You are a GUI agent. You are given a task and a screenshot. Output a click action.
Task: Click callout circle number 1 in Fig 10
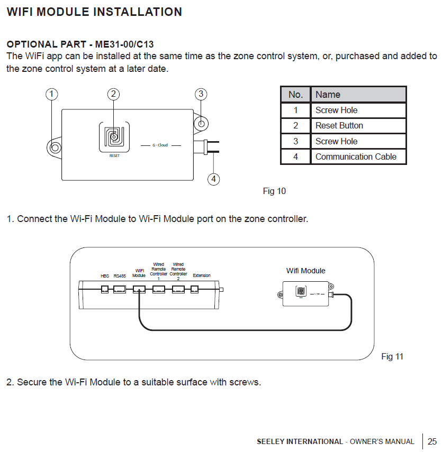(x=51, y=94)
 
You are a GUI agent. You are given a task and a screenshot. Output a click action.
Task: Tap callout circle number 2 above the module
(x=113, y=94)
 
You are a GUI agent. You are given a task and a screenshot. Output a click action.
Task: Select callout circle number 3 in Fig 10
(x=201, y=94)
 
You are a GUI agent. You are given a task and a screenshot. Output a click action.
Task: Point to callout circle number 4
(x=213, y=179)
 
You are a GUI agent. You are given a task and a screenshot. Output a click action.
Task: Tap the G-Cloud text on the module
(x=160, y=145)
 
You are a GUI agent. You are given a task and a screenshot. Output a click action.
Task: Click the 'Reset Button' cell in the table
(x=339, y=126)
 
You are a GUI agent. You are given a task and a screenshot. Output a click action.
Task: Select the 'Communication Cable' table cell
(x=356, y=156)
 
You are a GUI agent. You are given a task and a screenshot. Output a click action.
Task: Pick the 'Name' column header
(x=328, y=95)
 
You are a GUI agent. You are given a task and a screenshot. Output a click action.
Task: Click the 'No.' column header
(x=295, y=95)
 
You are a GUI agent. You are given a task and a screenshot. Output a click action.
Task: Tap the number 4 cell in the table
(x=295, y=156)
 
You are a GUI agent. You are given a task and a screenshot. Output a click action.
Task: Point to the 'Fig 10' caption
(x=274, y=191)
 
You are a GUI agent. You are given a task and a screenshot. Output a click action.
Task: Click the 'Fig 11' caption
(x=392, y=356)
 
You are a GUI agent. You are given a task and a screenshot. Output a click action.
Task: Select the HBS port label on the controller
(x=105, y=276)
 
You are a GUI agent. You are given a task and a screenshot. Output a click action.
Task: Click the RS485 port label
(x=120, y=276)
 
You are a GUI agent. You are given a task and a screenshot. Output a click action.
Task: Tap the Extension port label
(x=202, y=276)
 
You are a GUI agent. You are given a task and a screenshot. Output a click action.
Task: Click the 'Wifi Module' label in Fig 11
(x=305, y=271)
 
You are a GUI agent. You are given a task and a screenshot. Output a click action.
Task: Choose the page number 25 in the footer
(x=432, y=441)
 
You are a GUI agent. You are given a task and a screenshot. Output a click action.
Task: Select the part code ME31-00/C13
(x=124, y=44)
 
